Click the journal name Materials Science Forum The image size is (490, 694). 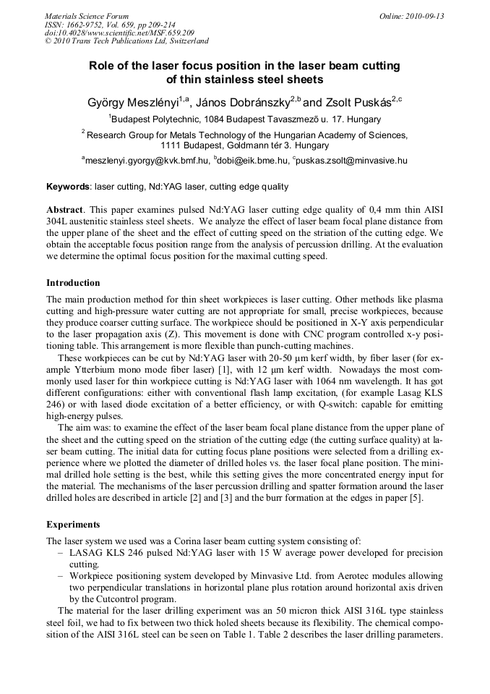[87, 16]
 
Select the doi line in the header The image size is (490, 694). [119, 33]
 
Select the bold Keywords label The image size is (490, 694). [68, 187]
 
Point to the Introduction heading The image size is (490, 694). [73, 283]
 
